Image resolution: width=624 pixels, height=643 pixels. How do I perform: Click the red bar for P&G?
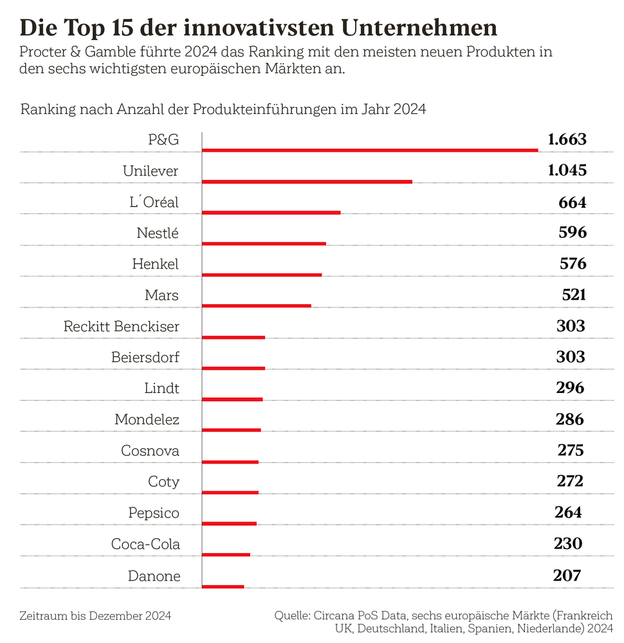click(370, 150)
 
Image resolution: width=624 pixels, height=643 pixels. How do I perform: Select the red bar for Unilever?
click(307, 181)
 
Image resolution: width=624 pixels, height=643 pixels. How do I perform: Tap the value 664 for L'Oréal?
click(572, 203)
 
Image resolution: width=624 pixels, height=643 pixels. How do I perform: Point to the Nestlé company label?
click(158, 233)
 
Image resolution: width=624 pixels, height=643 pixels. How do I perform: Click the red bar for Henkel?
click(262, 275)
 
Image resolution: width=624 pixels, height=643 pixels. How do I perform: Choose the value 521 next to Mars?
click(573, 295)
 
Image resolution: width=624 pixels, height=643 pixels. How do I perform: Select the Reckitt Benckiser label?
click(122, 327)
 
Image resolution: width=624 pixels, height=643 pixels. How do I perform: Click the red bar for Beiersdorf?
click(234, 368)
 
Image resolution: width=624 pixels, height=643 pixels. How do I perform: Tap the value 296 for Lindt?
click(570, 388)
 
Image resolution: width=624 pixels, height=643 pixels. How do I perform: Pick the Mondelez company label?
click(147, 420)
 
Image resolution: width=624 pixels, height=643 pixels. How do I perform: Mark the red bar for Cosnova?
click(230, 462)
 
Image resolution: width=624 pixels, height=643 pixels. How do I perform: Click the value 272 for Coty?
click(569, 481)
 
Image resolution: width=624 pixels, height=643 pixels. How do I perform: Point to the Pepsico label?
click(153, 513)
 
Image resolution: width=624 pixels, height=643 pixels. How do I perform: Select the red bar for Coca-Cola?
click(226, 554)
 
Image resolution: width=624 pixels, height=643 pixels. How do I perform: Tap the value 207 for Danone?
click(567, 575)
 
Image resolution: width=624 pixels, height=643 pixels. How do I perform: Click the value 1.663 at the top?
click(567, 140)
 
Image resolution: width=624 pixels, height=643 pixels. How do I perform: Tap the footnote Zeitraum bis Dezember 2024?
click(95, 616)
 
